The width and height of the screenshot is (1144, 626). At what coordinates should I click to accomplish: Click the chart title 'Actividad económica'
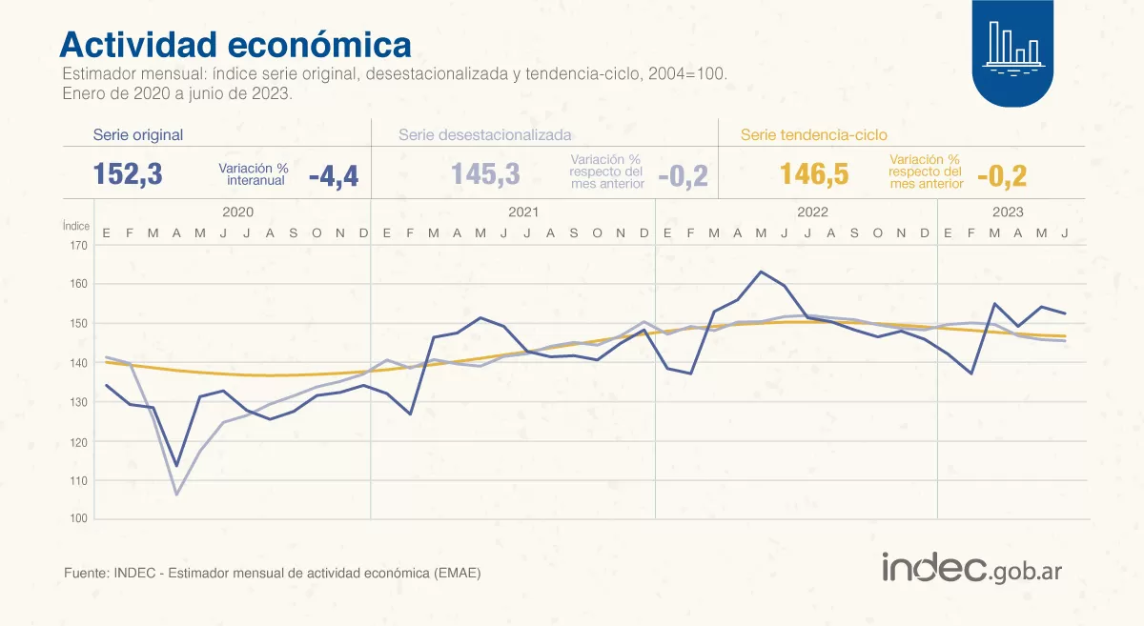tap(235, 45)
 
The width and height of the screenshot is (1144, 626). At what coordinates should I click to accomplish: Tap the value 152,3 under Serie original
tap(128, 174)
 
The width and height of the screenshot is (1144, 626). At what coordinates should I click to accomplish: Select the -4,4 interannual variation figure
tap(333, 176)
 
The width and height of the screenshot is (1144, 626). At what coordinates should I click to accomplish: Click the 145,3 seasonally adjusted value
tap(485, 174)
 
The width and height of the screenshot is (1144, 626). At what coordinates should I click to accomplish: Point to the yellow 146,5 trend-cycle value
tap(814, 174)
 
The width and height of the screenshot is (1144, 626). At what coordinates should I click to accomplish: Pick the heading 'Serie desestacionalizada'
tap(484, 135)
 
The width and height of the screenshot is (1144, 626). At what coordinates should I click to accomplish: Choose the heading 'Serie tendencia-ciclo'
tap(813, 135)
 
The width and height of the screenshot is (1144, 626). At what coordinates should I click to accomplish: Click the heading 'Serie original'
tap(137, 135)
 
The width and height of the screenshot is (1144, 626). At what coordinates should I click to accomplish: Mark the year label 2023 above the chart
tap(1007, 212)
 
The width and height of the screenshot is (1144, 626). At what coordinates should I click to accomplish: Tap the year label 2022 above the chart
tap(811, 212)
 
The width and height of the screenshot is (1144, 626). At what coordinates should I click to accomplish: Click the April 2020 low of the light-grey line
tap(176, 495)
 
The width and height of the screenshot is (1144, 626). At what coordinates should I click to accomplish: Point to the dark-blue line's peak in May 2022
tap(761, 272)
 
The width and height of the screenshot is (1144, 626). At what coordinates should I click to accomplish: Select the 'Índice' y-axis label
tap(76, 226)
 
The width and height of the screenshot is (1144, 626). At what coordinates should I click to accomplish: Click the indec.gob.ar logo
tap(971, 569)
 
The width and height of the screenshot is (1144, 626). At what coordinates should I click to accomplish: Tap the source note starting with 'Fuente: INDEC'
tap(272, 573)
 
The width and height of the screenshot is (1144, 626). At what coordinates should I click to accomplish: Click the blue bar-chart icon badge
tap(1012, 52)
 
